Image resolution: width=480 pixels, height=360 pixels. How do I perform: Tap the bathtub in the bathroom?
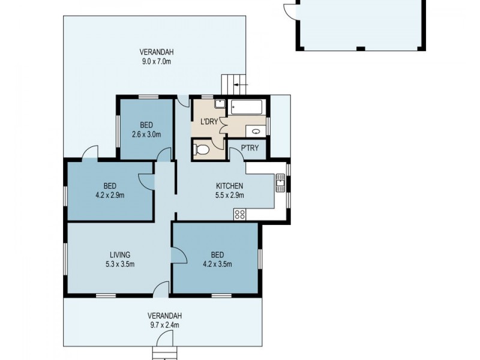click(247, 109)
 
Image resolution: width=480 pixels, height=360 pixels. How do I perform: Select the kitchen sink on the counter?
click(280, 181)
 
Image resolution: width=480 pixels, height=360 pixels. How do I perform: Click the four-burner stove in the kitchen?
click(240, 214)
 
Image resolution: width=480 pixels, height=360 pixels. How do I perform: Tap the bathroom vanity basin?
click(256, 131)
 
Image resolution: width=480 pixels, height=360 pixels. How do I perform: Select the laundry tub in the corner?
click(220, 104)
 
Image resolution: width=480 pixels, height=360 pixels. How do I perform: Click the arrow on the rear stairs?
click(238, 85)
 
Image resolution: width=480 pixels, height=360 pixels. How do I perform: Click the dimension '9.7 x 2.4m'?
click(164, 325)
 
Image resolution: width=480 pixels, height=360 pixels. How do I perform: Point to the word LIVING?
click(119, 254)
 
